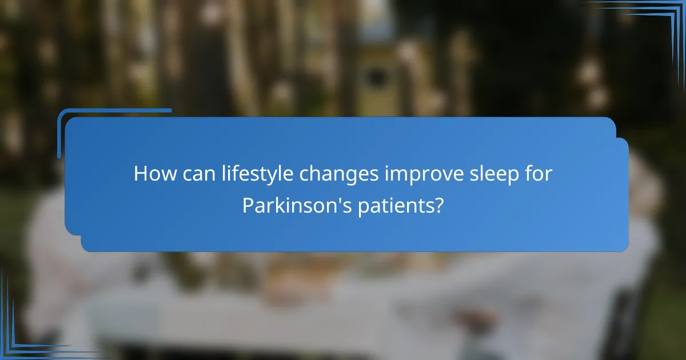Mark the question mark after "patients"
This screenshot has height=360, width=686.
point(438,205)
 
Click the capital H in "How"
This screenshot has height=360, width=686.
point(141,174)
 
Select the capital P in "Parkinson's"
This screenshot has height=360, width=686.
point(247,205)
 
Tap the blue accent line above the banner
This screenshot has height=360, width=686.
point(114,111)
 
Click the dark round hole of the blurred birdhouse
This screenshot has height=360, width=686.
point(376,77)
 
